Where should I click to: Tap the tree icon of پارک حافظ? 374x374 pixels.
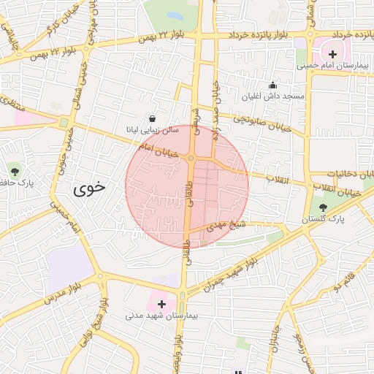[x=15, y=171]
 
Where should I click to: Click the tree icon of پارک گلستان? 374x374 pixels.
[x=323, y=208]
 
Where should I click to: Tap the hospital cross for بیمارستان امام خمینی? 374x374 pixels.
[x=332, y=53]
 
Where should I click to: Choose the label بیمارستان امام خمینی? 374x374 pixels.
[x=333, y=66]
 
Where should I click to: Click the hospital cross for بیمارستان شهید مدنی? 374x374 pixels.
[x=161, y=303]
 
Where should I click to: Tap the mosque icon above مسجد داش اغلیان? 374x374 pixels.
[x=273, y=85]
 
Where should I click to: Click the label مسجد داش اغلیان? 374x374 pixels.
[x=272, y=96]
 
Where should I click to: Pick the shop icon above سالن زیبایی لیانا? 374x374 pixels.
[x=152, y=118]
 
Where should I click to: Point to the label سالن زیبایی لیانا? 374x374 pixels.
[x=150, y=129]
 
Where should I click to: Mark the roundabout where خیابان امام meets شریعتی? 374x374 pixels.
[x=191, y=158]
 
